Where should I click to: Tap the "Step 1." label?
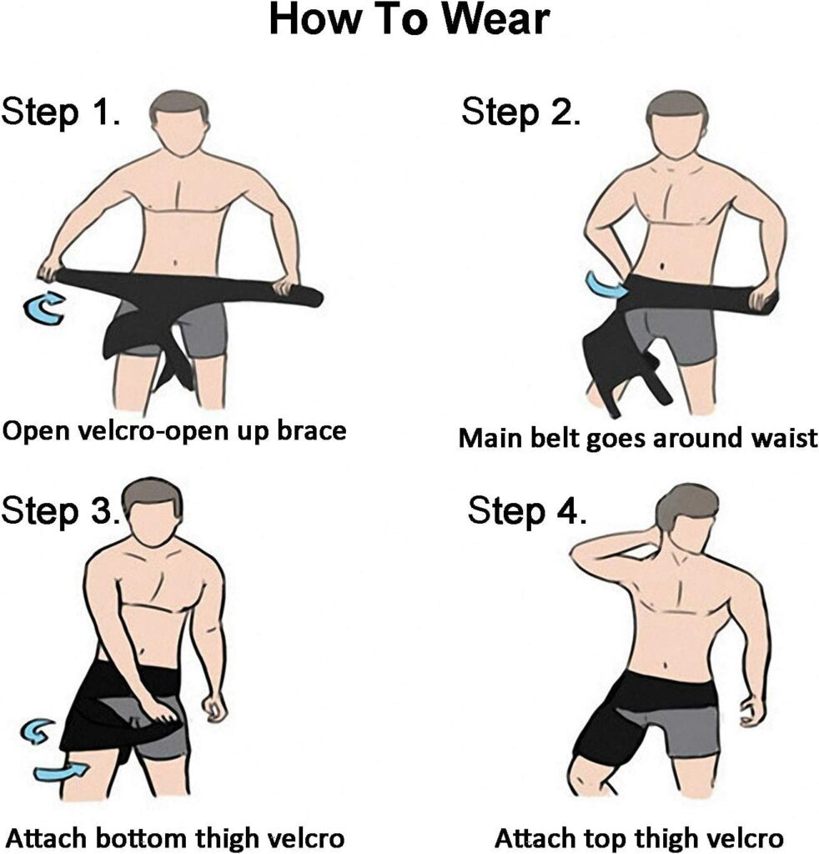click(63, 112)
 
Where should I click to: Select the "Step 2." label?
click(521, 112)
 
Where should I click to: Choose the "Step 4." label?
click(527, 510)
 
